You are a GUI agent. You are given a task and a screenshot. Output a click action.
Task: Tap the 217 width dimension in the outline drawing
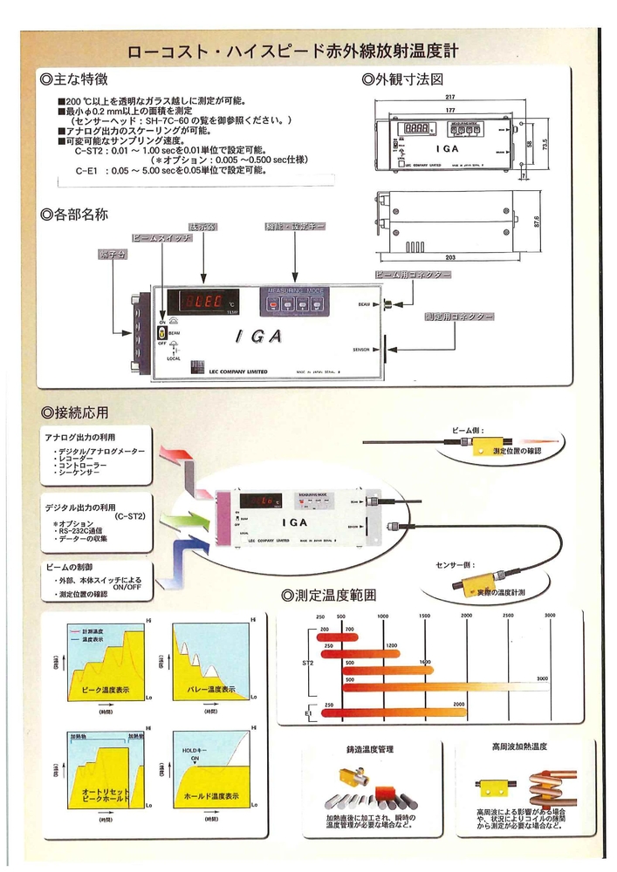click(x=449, y=97)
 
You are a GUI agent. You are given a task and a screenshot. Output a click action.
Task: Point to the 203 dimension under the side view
click(x=451, y=259)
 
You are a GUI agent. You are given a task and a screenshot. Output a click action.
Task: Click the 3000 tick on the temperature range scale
click(x=549, y=616)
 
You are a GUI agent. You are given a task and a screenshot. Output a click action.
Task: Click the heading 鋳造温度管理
click(x=370, y=749)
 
